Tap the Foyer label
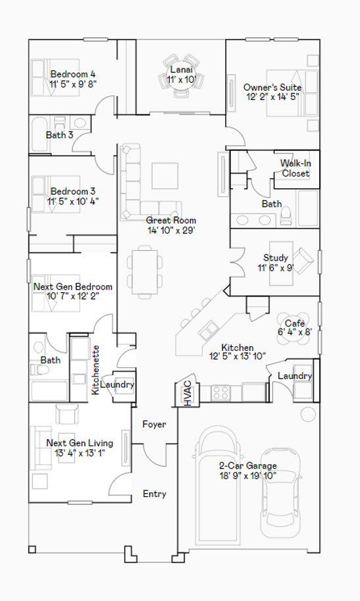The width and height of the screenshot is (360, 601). [x=154, y=425]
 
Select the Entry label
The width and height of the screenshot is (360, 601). [x=155, y=494]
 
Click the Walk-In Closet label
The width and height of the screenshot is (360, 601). [x=296, y=169]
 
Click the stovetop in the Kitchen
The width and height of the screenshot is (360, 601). [x=221, y=393]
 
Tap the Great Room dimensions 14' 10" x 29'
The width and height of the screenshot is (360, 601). [x=171, y=230]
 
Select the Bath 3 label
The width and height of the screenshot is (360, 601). [x=59, y=135]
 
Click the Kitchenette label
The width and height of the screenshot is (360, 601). [x=96, y=370]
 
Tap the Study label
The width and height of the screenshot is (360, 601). [x=275, y=257]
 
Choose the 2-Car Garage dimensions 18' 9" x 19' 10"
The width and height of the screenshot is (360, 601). [x=247, y=476]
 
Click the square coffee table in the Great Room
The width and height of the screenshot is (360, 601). [x=165, y=176]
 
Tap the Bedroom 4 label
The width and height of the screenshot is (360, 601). [x=73, y=74]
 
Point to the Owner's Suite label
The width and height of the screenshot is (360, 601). [x=272, y=88]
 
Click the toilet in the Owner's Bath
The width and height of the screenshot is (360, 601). [x=286, y=217]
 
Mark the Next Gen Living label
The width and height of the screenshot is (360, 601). [x=80, y=443]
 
